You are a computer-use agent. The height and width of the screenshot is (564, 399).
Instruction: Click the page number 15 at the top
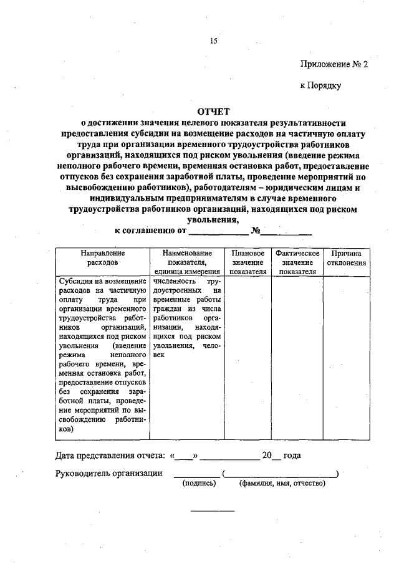pyautogui.click(x=213, y=42)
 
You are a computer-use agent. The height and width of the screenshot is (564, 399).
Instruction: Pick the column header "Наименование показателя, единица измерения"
pyautogui.click(x=186, y=262)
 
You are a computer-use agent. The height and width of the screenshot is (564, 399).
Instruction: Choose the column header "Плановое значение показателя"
pyautogui.click(x=248, y=262)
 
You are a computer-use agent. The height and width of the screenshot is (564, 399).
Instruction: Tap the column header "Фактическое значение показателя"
pyautogui.click(x=297, y=262)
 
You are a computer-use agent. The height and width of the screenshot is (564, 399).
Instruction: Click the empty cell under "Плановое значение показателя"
pyautogui.click(x=248, y=355)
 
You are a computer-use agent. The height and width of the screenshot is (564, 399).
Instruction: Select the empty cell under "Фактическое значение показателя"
pyautogui.click(x=297, y=355)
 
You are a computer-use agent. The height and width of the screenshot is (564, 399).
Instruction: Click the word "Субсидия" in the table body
pyautogui.click(x=74, y=281)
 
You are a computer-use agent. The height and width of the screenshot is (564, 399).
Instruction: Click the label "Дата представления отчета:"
pyautogui.click(x=110, y=456)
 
